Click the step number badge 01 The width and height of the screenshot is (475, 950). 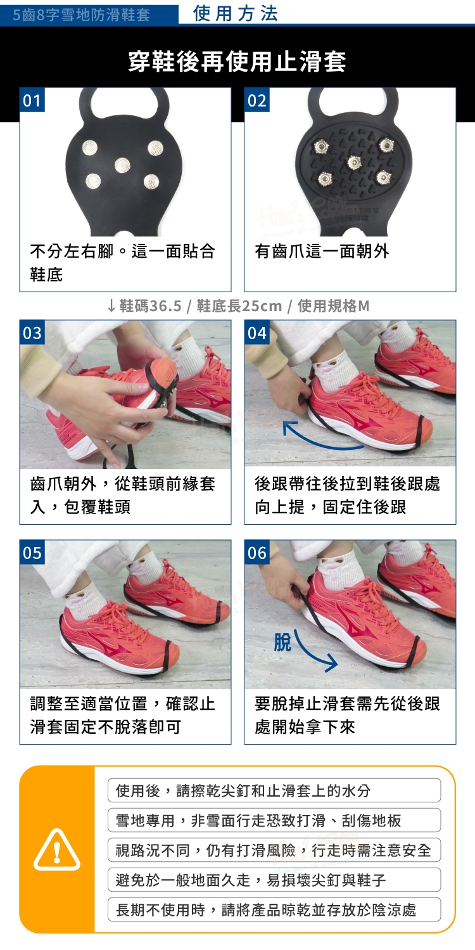pos(32,100)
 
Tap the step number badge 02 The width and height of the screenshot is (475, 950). pos(256,100)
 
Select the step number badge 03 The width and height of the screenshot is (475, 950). pos(32,333)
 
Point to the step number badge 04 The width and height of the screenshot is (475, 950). pos(256,333)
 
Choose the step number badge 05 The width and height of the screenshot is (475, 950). pos(32,552)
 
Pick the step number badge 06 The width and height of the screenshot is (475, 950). pos(256,552)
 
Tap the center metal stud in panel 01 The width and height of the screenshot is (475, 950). pos(122,165)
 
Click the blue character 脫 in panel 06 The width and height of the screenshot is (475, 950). pos(282,641)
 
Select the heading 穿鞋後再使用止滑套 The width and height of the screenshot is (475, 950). pos(237,61)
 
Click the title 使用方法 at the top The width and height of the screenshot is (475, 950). pos(236,13)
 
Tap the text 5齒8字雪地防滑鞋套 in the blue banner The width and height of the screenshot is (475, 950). pos(81,15)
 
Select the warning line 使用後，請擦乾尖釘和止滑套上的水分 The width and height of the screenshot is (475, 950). pos(243,790)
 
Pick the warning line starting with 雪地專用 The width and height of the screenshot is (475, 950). pos(258,820)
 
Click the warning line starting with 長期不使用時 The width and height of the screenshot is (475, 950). pos(266,909)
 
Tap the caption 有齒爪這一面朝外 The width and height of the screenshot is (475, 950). pos(322,251)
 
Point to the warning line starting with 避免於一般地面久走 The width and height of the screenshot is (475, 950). pos(251,880)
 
